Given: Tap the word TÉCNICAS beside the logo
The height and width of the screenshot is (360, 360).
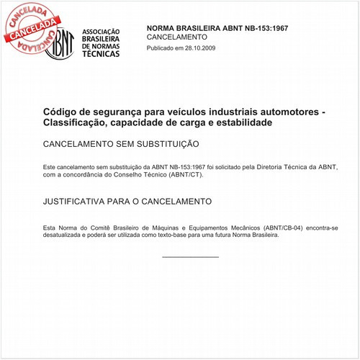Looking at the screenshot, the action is (101, 54).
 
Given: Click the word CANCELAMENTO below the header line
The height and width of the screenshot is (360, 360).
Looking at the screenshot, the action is (176, 36).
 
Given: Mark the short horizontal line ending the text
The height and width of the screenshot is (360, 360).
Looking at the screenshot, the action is (190, 256).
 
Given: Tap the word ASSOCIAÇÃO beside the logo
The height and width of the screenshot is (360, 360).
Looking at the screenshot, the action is (101, 33).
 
